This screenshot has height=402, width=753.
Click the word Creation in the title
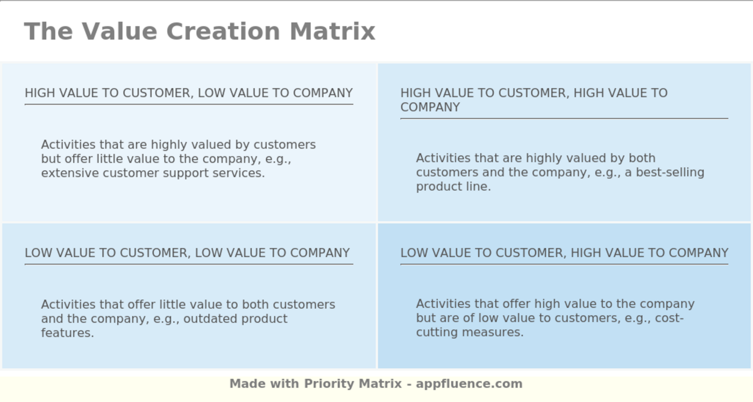pyautogui.click(x=223, y=31)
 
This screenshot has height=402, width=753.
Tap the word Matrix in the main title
pyautogui.click(x=332, y=31)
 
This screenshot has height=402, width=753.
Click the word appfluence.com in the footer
pyautogui.click(x=469, y=384)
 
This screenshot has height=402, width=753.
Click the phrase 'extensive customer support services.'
pyautogui.click(x=153, y=173)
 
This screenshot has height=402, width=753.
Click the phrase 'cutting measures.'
pyautogui.click(x=470, y=333)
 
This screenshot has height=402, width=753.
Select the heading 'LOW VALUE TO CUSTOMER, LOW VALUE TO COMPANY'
pyautogui.click(x=187, y=253)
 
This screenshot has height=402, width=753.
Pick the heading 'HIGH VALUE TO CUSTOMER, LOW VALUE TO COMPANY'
pyautogui.click(x=189, y=93)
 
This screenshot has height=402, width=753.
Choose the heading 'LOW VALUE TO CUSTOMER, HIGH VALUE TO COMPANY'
pyautogui.click(x=564, y=253)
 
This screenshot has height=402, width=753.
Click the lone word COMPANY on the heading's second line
pyautogui.click(x=430, y=107)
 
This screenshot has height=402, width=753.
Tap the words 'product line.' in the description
pyautogui.click(x=453, y=187)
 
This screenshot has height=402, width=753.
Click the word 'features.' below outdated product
pyautogui.click(x=68, y=333)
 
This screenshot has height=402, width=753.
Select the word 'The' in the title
pyautogui.click(x=48, y=31)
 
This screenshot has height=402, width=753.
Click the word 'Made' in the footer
pyautogui.click(x=247, y=384)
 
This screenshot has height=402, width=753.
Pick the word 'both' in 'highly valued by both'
pyautogui.click(x=641, y=158)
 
